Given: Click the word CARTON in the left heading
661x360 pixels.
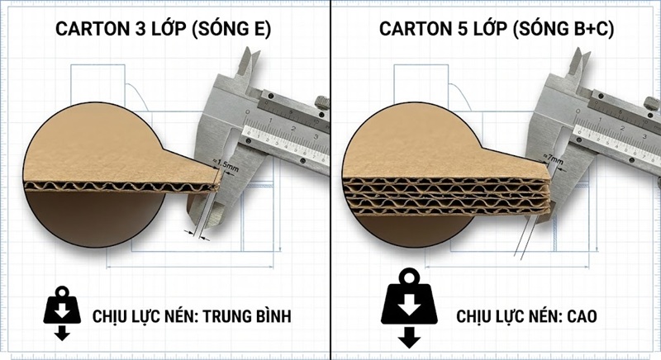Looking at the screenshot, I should tap(92, 29).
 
